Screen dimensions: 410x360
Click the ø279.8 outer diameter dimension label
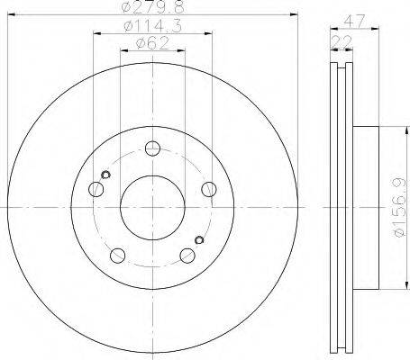pos(153,6)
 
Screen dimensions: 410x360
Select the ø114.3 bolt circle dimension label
pos(153,26)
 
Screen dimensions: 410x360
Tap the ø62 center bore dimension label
pos(152,44)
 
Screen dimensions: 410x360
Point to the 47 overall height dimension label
pos(354,22)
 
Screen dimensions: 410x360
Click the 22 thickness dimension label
pos(342,42)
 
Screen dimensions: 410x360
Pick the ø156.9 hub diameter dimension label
pos(400,207)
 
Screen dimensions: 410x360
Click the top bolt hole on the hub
pos(152,148)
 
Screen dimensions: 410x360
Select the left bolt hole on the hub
pos(96,189)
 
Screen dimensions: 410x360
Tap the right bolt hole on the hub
pos(209,189)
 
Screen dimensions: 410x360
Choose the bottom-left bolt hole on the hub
pos(118,256)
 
